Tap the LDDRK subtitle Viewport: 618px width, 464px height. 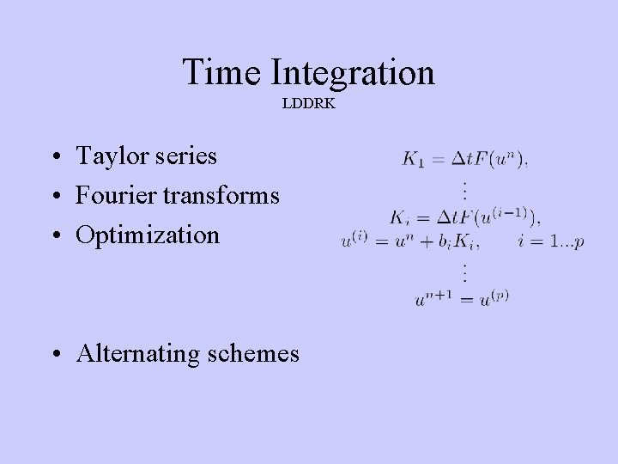(308, 103)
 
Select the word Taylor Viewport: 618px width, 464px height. (110, 157)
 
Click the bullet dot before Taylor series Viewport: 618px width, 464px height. (54, 158)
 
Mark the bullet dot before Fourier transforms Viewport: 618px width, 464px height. (54, 197)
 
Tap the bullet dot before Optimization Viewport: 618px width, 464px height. (54, 235)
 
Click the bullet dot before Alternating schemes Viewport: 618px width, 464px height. (54, 354)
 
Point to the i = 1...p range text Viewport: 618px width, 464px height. (551, 241)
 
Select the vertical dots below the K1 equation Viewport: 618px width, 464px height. (464, 188)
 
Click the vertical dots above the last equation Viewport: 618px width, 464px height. (464, 272)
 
